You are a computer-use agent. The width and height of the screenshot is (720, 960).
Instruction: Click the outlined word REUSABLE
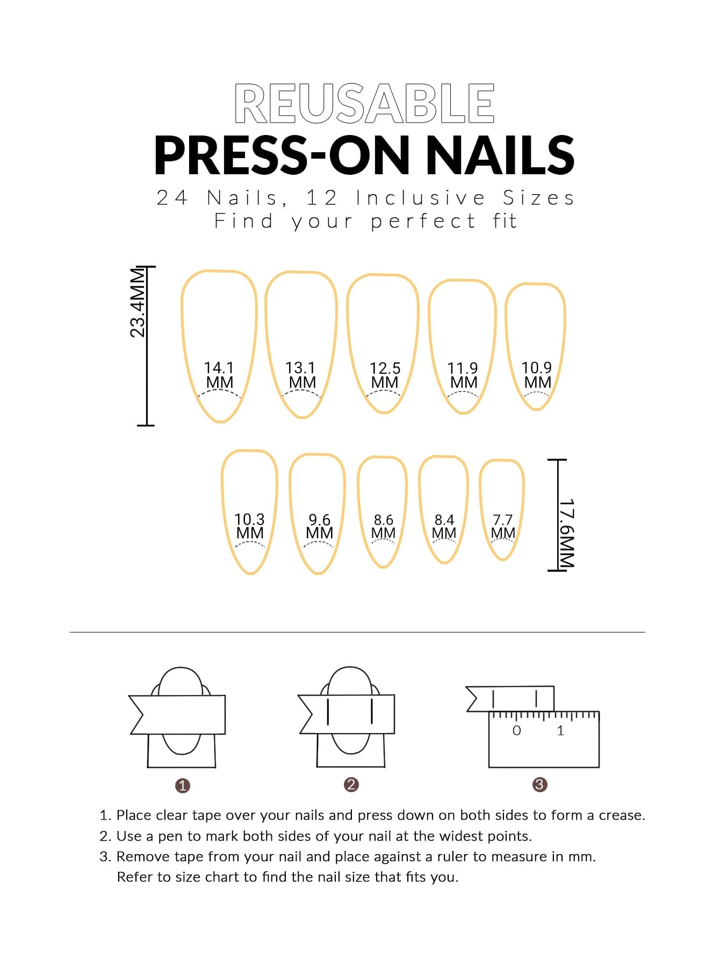pos(364,103)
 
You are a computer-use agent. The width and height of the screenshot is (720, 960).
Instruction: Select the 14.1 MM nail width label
pos(219,375)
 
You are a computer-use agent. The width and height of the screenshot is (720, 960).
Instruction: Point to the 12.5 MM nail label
pos(385,375)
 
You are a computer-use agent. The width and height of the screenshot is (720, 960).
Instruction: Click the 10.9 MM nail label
pos(537,375)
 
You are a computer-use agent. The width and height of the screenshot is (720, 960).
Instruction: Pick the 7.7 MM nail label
pos(503,526)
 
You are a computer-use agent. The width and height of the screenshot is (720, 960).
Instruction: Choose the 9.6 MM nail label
pos(319,526)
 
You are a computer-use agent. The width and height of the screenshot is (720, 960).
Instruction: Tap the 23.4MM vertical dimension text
pos(138,302)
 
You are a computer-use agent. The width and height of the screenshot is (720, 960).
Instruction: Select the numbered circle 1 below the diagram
pos(183,785)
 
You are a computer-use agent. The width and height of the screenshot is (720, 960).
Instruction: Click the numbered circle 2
pos(351,784)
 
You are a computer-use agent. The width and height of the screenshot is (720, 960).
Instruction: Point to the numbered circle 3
pos(539,784)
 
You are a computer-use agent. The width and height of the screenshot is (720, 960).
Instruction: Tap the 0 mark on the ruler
pos(516,730)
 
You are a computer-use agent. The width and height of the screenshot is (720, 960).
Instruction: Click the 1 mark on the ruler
pos(560,730)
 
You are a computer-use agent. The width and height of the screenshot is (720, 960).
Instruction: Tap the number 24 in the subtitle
pos(172,198)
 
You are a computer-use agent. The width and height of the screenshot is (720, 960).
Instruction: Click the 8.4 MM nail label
pos(444,526)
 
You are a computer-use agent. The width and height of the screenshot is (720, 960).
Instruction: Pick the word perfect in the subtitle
pos(423,221)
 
